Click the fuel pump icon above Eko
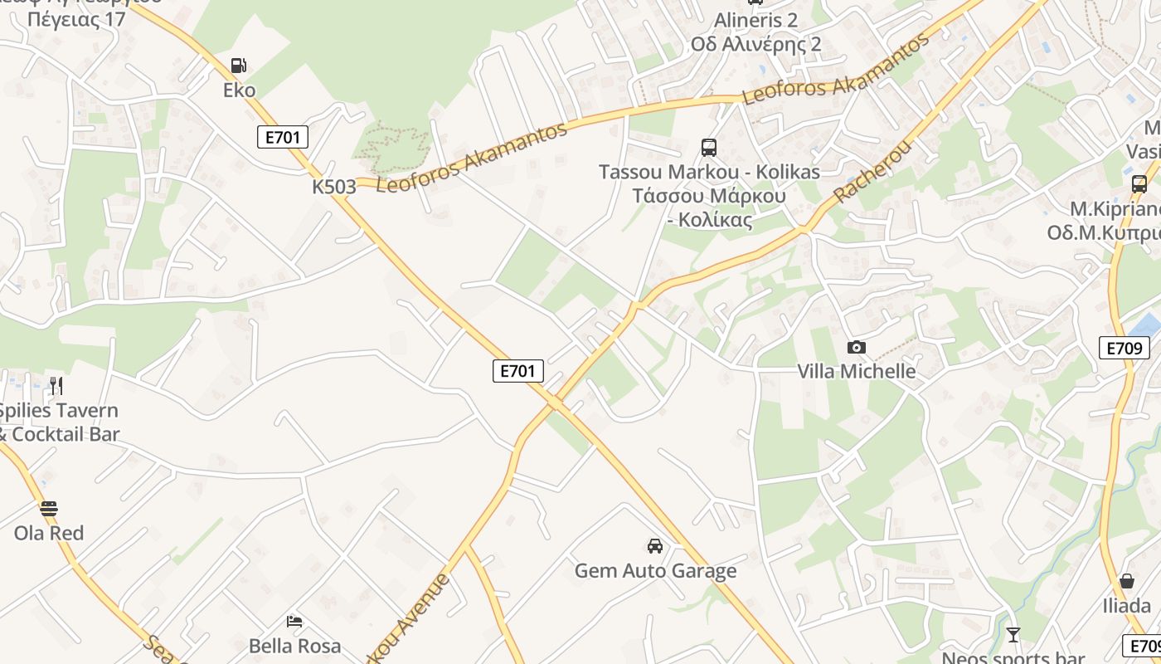coord(239,66)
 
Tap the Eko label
coord(239,90)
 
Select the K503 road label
coord(333,187)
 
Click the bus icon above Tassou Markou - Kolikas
coord(708,148)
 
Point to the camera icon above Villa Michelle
coord(856,347)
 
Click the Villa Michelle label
coord(856,371)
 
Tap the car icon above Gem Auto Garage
coord(655,546)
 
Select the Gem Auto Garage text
coord(655,571)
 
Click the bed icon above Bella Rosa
coord(294,621)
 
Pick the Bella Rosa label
coord(294,646)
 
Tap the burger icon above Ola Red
coord(49,508)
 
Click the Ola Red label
coord(49,533)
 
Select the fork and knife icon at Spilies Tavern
coord(56,385)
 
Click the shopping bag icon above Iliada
coord(1126,581)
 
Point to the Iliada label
coord(1126,605)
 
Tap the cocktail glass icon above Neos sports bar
coord(1013,635)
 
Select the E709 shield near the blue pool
coord(1125,348)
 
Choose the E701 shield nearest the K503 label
coord(283,137)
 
